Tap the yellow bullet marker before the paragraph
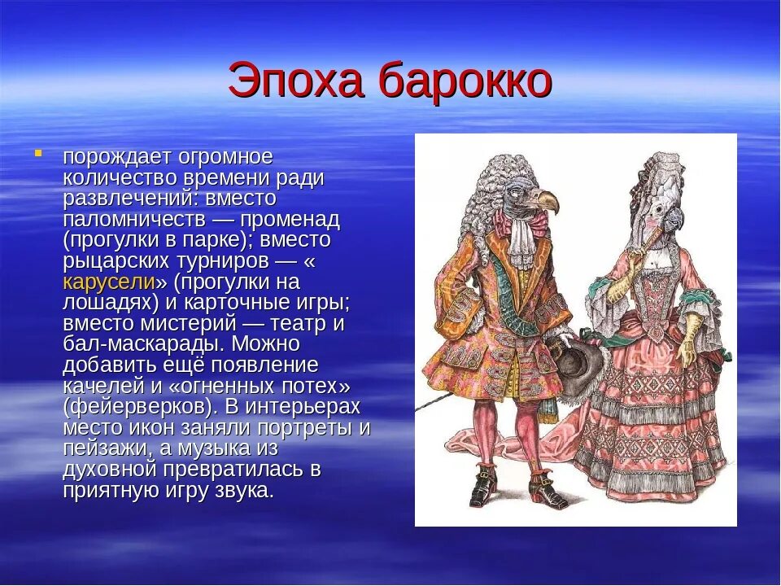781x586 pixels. [x=37, y=152]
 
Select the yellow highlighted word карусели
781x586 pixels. [x=109, y=282]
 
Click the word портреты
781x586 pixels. [x=309, y=427]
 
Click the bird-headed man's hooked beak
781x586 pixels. [x=544, y=199]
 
